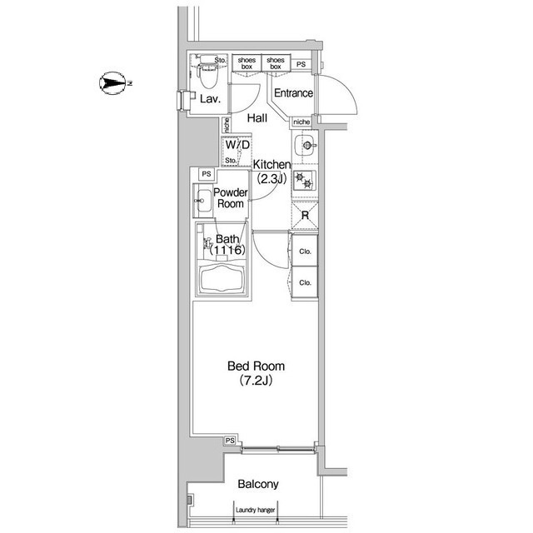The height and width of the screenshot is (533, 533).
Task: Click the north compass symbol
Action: pyautogui.click(x=113, y=83)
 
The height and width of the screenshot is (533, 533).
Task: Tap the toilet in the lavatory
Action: pyautogui.click(x=207, y=72)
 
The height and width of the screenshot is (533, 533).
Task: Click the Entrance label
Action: pyautogui.click(x=293, y=92)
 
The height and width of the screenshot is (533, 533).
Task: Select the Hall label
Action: pyautogui.click(x=257, y=118)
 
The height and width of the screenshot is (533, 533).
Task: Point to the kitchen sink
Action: pyautogui.click(x=306, y=146)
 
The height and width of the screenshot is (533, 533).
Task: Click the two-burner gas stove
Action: pyautogui.click(x=305, y=180)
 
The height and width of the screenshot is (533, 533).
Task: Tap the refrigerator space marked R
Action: pyautogui.click(x=305, y=215)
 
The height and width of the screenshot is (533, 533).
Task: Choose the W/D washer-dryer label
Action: pyautogui.click(x=237, y=145)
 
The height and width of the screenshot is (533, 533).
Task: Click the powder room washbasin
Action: pyautogui.click(x=203, y=201)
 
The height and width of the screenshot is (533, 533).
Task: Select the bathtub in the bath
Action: pyautogui.click(x=222, y=278)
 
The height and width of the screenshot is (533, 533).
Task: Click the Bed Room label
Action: pyautogui.click(x=256, y=366)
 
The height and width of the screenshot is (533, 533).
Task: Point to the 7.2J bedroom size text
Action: pyautogui.click(x=256, y=381)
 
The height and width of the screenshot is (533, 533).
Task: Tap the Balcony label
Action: pyautogui.click(x=258, y=484)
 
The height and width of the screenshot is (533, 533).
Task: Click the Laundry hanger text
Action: pyautogui.click(x=256, y=510)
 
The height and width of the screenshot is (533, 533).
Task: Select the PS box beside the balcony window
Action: pyautogui.click(x=230, y=441)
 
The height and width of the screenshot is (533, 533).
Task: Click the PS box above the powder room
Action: pyautogui.click(x=207, y=174)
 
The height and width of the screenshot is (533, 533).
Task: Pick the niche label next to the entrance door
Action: pyautogui.click(x=301, y=122)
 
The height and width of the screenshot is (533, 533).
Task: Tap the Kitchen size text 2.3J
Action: pyautogui.click(x=271, y=178)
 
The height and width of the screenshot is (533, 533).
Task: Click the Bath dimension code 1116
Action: pyautogui.click(x=227, y=250)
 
